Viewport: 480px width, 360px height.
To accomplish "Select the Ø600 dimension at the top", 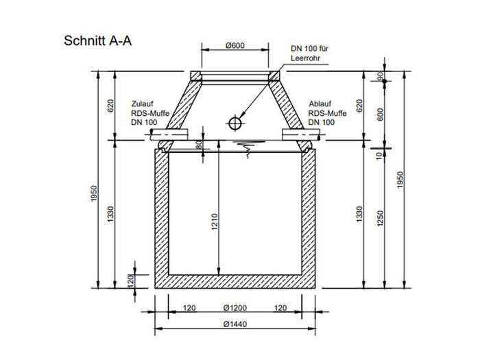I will (235, 45).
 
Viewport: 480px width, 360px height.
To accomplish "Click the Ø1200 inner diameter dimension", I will (235, 308).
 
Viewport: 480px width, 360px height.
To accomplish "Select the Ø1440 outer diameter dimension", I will (235, 324).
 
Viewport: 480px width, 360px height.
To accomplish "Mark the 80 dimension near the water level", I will (200, 145).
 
